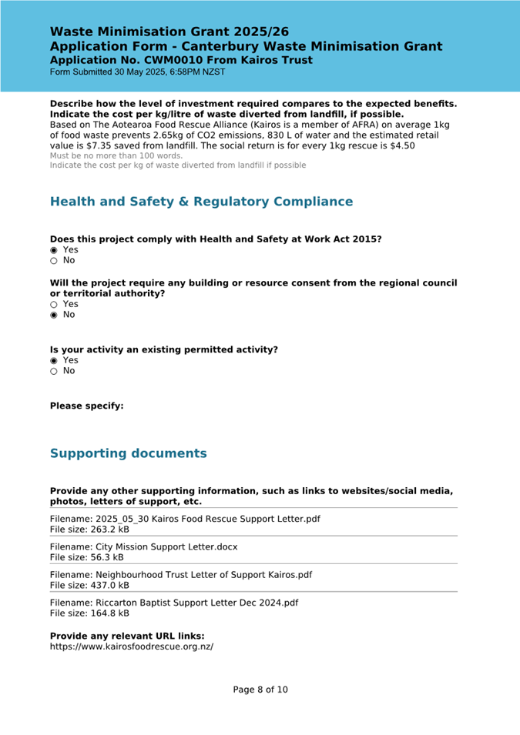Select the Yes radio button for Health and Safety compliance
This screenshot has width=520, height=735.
coord(54,250)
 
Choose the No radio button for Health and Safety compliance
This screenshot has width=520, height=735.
coord(54,261)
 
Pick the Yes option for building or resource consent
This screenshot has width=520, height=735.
coord(54,304)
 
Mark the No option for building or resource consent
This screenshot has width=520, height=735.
coord(54,315)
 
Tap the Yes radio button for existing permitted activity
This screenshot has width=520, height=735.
coord(54,360)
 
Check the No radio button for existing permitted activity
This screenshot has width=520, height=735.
coord(54,371)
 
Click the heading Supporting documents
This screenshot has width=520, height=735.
coord(128,453)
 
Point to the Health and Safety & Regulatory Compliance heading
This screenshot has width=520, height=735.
coord(201,202)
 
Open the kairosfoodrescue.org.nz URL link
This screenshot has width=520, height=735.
coord(131,646)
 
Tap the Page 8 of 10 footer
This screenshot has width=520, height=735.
coord(260,690)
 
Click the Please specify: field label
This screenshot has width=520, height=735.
coord(86,406)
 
